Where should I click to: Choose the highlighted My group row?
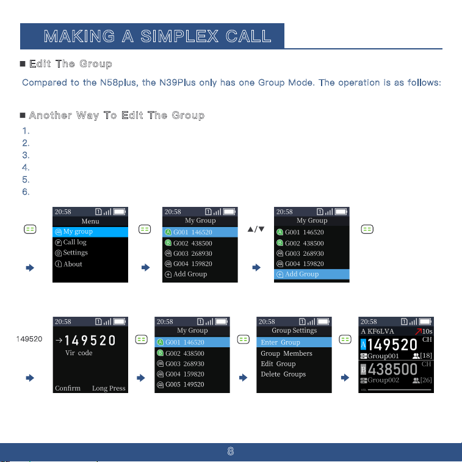point(90,231)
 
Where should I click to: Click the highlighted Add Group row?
point(312,274)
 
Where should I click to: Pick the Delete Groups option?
point(283,374)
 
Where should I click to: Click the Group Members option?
point(286,353)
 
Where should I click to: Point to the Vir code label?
point(79,353)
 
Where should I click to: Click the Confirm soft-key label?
point(68,388)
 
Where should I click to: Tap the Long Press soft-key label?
point(109,388)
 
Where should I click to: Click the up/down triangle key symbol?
point(256,229)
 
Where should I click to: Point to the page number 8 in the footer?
point(231,451)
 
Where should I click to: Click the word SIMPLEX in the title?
point(179,36)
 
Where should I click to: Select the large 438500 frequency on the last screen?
point(392,369)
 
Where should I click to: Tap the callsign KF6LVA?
point(380,331)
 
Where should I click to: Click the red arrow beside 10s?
point(418,331)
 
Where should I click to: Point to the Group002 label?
point(383,380)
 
